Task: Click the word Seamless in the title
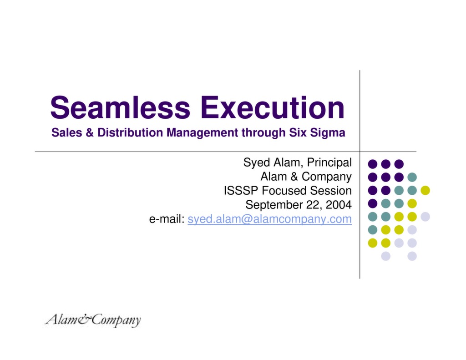pos(120,108)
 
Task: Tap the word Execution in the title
pos(273,108)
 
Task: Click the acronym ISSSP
pos(241,191)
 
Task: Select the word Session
pos(331,191)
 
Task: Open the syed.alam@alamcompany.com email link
pos(270,219)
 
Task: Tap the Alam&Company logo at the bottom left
pos(93,320)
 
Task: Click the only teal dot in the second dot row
pos(412,177)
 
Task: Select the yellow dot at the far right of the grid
pos(425,190)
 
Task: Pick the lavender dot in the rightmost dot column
pos(425,216)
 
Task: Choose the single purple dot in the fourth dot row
pos(373,203)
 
